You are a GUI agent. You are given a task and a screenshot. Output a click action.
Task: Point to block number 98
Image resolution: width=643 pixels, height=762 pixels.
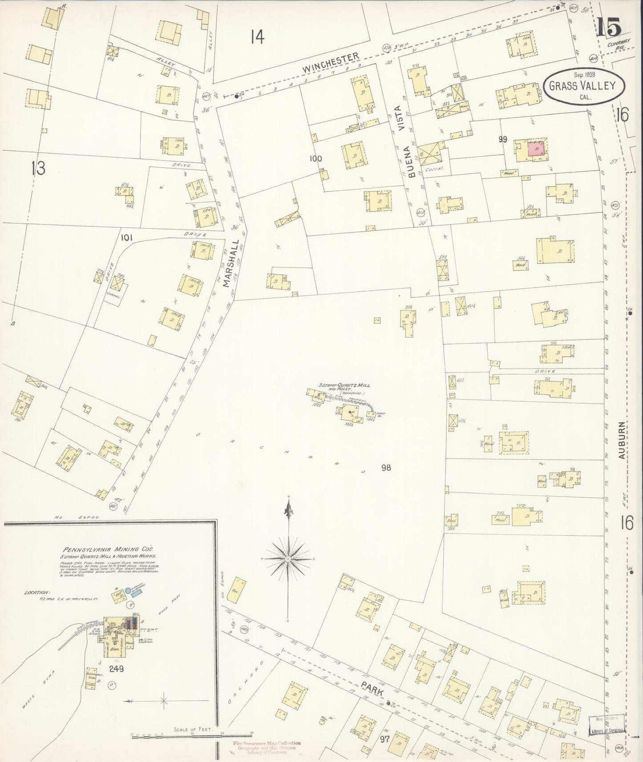click(386, 467)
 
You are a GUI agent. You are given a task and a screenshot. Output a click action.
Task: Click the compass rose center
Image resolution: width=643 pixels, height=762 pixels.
click(288, 558)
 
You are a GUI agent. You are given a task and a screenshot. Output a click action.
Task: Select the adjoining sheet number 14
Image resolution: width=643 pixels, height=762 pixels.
click(257, 37)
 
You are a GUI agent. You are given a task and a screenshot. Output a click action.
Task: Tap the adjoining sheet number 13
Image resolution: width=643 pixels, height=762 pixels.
click(39, 168)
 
